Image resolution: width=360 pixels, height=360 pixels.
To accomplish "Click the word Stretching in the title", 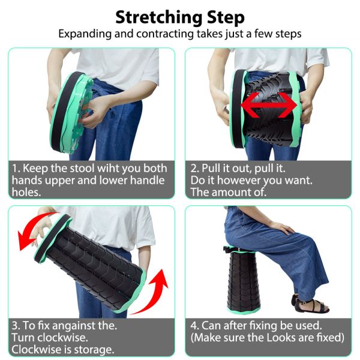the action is (x=160, y=17).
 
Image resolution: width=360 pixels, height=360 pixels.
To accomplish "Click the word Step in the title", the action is (x=226, y=18).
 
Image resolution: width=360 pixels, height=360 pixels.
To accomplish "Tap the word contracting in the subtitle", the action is (x=165, y=34).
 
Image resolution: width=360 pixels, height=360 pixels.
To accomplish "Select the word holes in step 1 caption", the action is (x=26, y=192).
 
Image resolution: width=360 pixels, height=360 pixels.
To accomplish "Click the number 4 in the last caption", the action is (x=194, y=326).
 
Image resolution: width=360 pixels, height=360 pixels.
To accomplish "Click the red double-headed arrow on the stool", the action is (x=269, y=106).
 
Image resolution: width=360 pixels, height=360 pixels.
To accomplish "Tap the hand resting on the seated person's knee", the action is (x=280, y=227).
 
